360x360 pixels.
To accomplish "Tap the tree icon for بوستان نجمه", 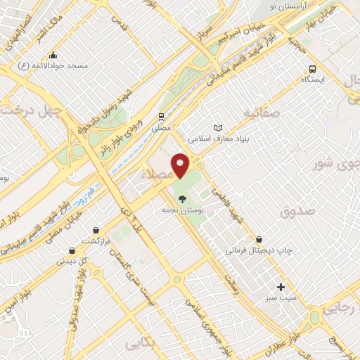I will (x=183, y=199).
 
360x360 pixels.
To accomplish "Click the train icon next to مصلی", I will (x=162, y=117).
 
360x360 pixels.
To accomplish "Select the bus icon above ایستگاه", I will (x=312, y=70).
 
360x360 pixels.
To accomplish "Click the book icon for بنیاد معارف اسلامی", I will (x=218, y=128).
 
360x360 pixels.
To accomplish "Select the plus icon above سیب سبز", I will (x=281, y=287).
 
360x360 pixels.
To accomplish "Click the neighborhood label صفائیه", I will (x=262, y=112).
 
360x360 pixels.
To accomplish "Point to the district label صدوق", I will (x=295, y=211).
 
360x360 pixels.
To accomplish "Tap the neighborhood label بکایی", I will (x=141, y=344).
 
